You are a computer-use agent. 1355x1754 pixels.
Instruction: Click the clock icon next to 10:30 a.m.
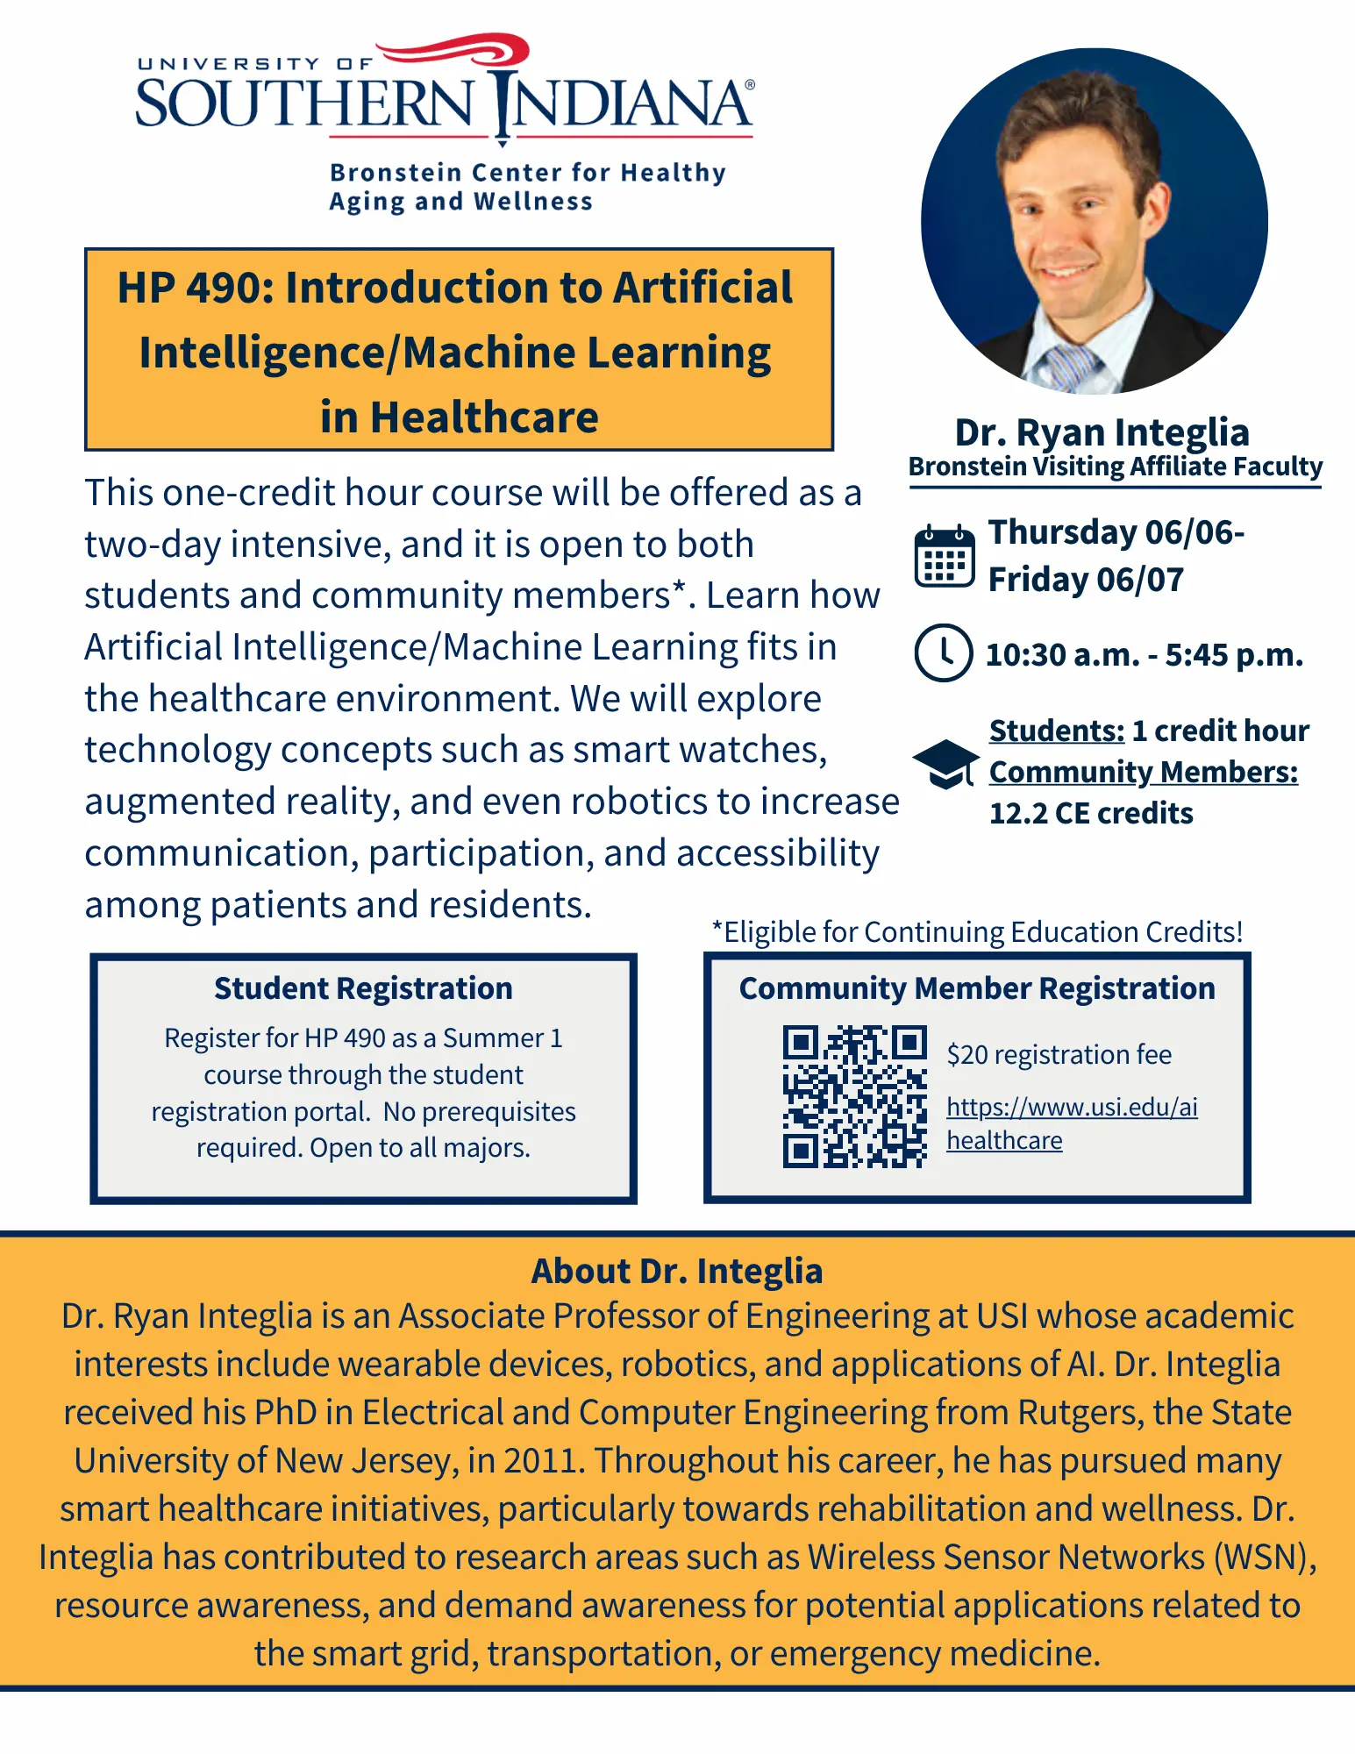point(943,653)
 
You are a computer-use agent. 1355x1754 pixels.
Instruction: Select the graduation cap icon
point(945,764)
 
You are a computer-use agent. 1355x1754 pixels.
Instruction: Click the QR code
point(855,1096)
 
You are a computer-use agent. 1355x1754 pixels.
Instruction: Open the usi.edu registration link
point(1072,1123)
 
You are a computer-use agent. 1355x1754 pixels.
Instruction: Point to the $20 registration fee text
point(1059,1054)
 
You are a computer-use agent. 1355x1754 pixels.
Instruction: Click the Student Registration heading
point(363,988)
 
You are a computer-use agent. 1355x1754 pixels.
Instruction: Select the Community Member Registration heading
point(977,988)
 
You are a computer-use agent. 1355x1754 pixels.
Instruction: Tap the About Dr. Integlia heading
point(677,1271)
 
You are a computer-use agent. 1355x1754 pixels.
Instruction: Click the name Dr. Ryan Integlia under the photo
point(1102,432)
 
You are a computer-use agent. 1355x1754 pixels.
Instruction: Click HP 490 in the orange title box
point(192,288)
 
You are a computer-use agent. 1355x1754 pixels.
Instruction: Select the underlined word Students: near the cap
point(1057,731)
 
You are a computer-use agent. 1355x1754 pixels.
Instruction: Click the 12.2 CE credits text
point(1091,813)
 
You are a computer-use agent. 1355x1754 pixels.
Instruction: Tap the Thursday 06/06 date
point(1116,532)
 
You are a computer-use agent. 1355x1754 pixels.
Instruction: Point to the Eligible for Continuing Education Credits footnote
point(977,931)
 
